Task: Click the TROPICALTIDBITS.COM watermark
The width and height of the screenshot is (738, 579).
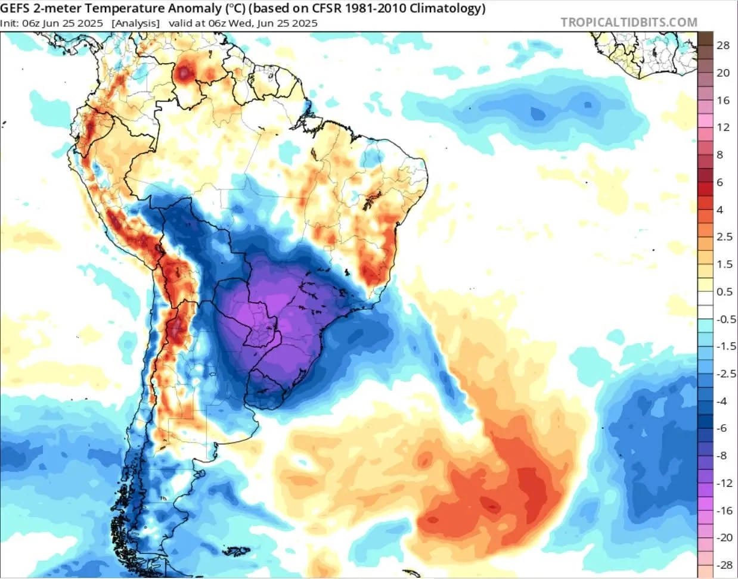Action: click(629, 23)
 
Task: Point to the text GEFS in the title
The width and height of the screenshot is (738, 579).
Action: click(15, 8)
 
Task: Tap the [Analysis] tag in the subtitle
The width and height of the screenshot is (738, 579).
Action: click(135, 23)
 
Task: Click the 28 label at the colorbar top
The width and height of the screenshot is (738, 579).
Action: click(723, 45)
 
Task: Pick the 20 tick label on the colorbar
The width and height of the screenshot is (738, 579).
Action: click(723, 73)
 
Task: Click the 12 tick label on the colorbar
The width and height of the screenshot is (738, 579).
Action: click(723, 127)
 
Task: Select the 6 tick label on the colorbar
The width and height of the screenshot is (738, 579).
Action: click(720, 182)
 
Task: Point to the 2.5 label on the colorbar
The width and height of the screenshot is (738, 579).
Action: click(724, 237)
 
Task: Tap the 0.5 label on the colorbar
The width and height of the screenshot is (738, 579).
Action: click(724, 292)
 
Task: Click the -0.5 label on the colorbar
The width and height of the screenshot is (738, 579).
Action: click(725, 319)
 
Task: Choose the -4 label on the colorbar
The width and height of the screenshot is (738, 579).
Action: click(721, 401)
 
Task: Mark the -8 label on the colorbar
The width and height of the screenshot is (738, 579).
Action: click(721, 456)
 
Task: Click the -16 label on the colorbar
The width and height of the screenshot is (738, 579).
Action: click(724, 510)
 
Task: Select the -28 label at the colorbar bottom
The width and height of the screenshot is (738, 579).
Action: click(724, 565)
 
